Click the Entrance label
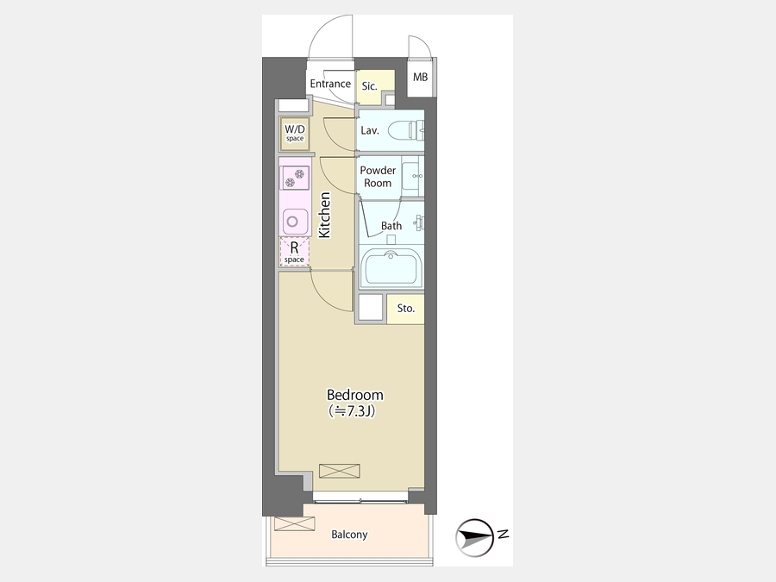pos(330,84)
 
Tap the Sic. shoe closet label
pos(370,86)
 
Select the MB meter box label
pos(420,78)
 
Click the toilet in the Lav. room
pos(406,132)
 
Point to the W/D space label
pos(295,133)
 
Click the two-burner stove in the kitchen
pos(295,178)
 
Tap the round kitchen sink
pos(292,222)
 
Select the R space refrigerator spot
pos(295,252)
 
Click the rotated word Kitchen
pos(325,216)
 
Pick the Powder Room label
pos(378,177)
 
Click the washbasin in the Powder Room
pos(412,177)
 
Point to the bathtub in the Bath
pos(391,267)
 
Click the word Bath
pos(391,226)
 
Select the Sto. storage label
pos(406,309)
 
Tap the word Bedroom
pos(355,395)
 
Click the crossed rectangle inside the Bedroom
pos(340,471)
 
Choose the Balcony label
pos(349,535)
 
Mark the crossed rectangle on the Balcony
pos(295,523)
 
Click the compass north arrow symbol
pos(474,537)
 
